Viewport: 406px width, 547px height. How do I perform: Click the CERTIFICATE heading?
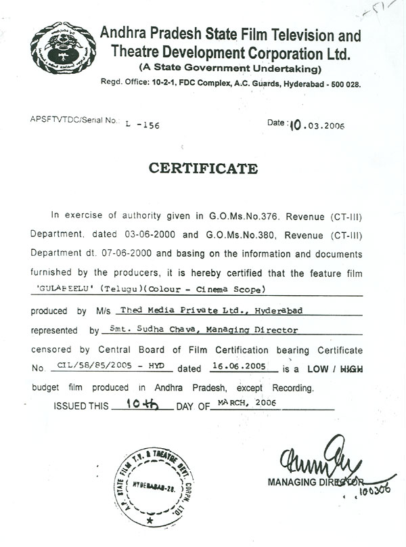(203, 168)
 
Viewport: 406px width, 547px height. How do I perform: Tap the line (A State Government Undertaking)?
(230, 68)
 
